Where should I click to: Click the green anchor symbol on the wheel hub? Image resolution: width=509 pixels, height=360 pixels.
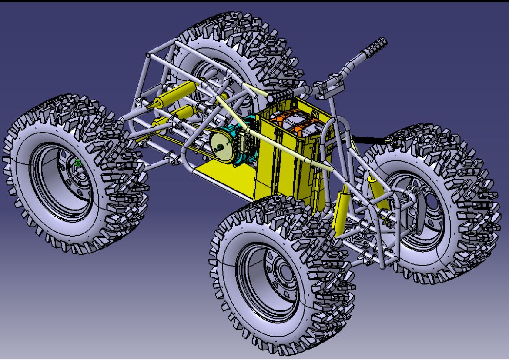[x=78, y=163]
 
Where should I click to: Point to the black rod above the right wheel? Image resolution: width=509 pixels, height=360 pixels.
[x=370, y=139]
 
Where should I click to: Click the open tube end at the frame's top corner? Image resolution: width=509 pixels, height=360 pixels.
[x=148, y=56]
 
